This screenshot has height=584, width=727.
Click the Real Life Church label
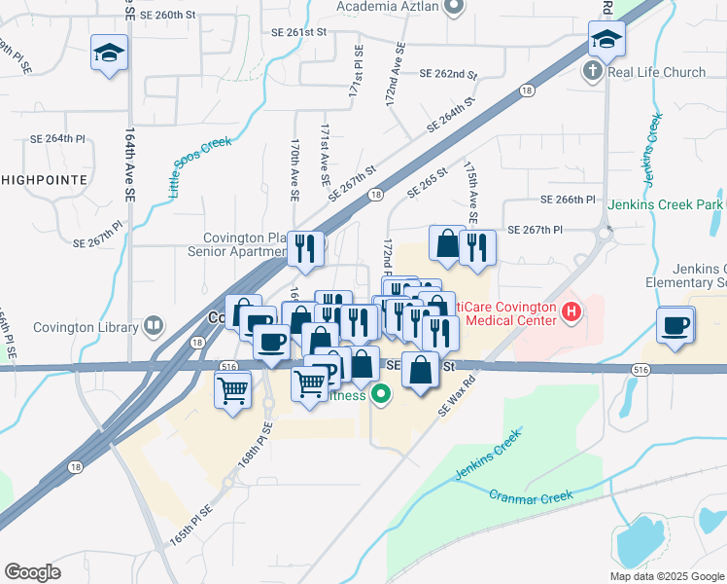click(656, 71)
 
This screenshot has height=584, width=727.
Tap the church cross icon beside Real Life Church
click(592, 71)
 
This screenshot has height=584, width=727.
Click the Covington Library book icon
click(153, 325)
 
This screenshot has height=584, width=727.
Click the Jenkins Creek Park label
click(667, 204)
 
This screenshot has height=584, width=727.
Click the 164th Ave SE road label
click(129, 165)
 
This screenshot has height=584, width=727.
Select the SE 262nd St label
click(448, 74)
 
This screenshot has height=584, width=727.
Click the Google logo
click(33, 571)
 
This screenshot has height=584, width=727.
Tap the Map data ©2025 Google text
click(667, 576)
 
